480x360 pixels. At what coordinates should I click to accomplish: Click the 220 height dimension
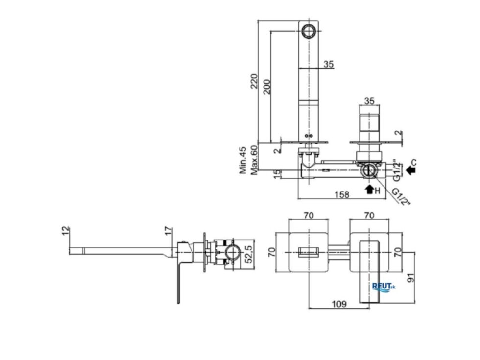[254, 81]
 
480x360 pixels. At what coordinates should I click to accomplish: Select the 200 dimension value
[266, 87]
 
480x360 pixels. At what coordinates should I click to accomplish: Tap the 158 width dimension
[342, 194]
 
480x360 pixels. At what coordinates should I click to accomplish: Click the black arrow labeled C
[410, 170]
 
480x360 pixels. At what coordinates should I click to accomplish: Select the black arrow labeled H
[369, 189]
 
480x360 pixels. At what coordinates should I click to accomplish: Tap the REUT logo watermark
[384, 287]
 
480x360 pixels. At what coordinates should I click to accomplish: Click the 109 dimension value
[339, 304]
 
